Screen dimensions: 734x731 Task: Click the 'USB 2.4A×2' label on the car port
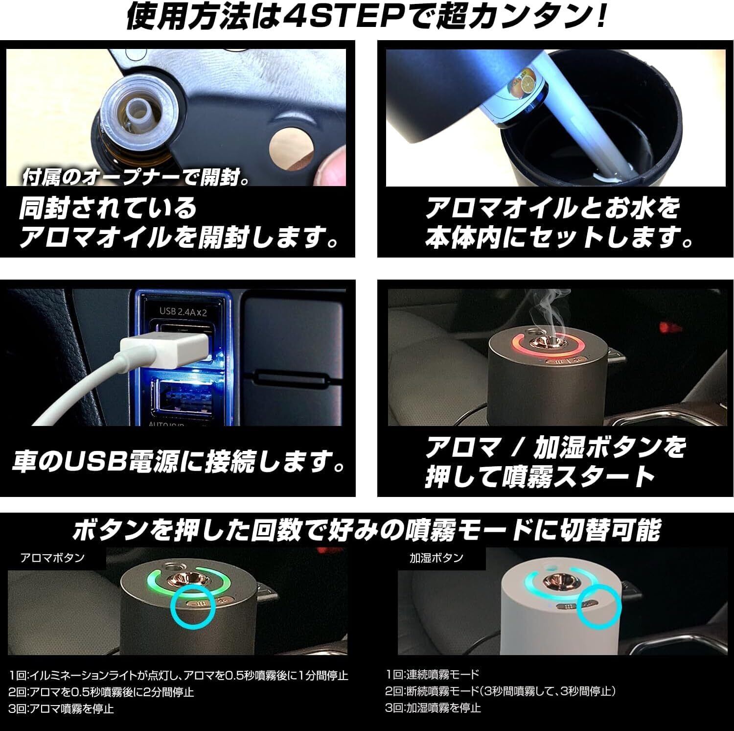click(x=183, y=310)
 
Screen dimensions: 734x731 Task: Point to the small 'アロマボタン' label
click(x=53, y=558)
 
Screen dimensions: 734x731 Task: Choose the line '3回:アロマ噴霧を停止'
click(x=61, y=708)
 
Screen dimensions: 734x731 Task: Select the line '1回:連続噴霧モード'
click(x=433, y=674)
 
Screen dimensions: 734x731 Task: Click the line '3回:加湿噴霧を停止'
click(x=434, y=707)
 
